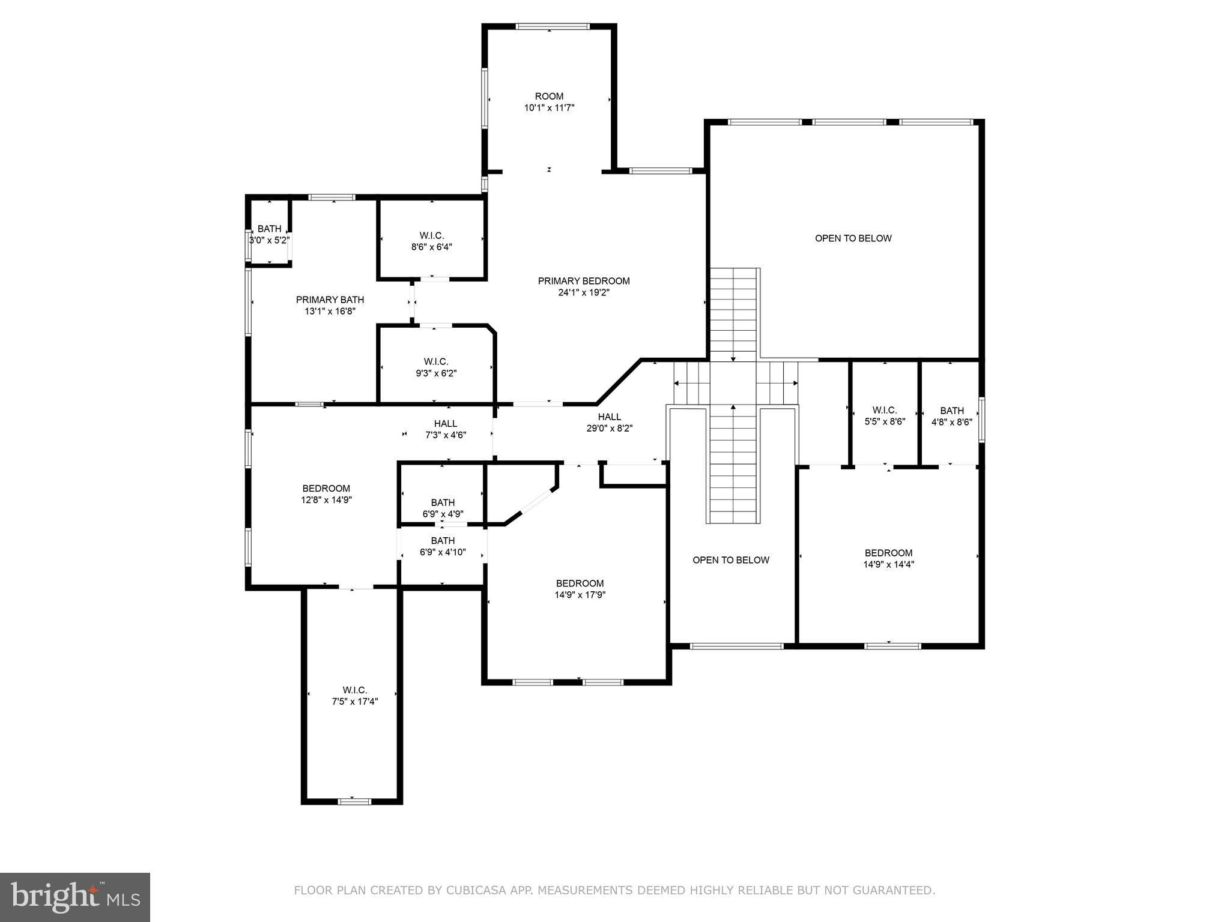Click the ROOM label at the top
[549, 96]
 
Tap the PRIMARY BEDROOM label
[584, 281]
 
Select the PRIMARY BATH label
[330, 300]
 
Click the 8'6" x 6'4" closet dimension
[432, 247]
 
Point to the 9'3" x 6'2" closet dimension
[436, 373]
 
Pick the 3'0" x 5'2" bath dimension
[270, 240]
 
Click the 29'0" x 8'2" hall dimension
[610, 429]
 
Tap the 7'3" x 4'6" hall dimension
[446, 435]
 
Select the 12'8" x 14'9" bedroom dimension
[326, 499]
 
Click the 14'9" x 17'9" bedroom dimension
[580, 595]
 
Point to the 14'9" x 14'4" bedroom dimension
[889, 564]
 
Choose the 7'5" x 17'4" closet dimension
[355, 701]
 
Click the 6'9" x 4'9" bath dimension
[443, 514]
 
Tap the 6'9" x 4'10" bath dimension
[443, 552]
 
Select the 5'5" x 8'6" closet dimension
[885, 421]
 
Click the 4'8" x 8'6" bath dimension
[952, 422]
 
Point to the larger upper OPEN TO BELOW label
[853, 238]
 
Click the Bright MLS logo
[75, 897]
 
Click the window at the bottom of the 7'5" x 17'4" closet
[355, 801]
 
